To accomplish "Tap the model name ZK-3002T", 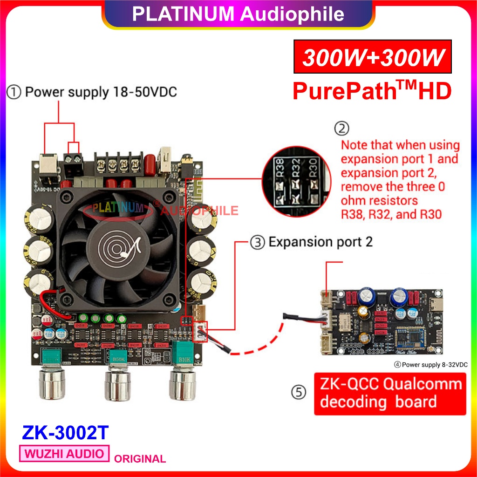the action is [x=65, y=432].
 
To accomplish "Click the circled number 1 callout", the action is [x=14, y=92].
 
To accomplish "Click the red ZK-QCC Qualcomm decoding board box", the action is [x=390, y=393].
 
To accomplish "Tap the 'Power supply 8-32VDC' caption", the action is [x=431, y=364].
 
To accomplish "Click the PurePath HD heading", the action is [x=372, y=91].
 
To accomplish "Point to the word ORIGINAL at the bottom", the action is [x=140, y=459].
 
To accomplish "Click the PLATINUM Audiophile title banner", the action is [x=238, y=14].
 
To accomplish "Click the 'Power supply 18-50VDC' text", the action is [x=101, y=92].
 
